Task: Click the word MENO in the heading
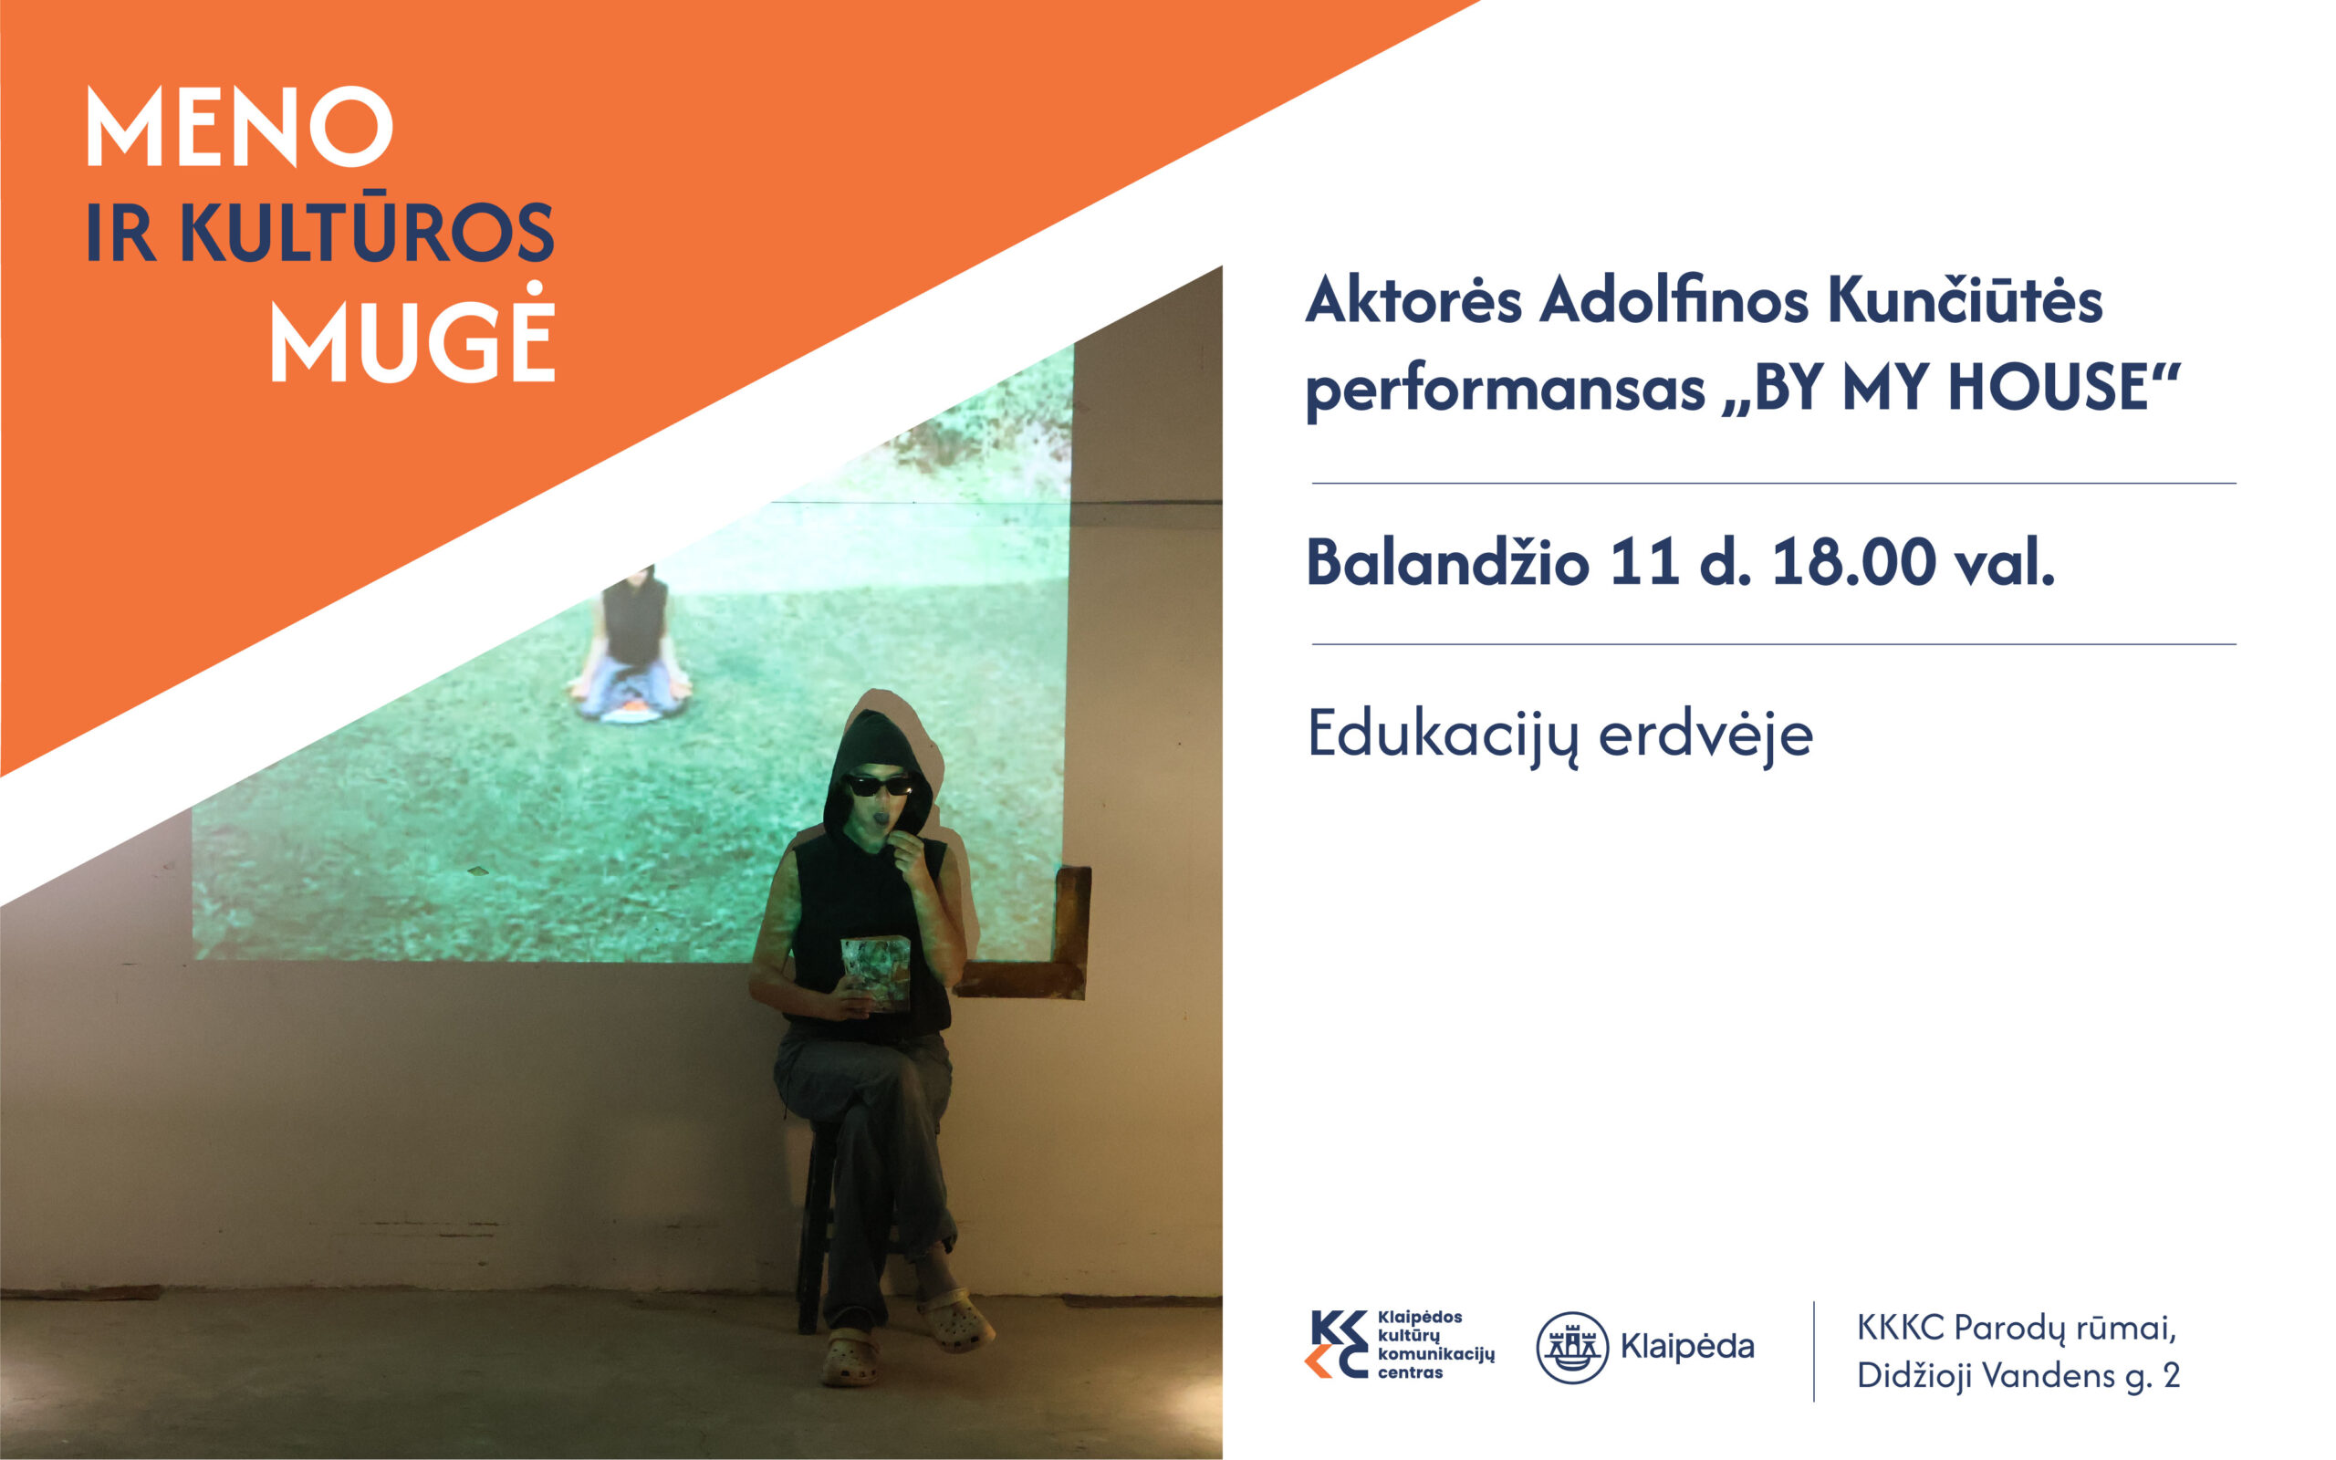[239, 127]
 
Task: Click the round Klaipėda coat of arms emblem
[1571, 1347]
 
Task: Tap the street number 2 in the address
[2171, 1374]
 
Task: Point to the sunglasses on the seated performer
[880, 784]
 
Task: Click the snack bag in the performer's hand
[875, 972]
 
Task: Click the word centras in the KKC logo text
[1411, 1372]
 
